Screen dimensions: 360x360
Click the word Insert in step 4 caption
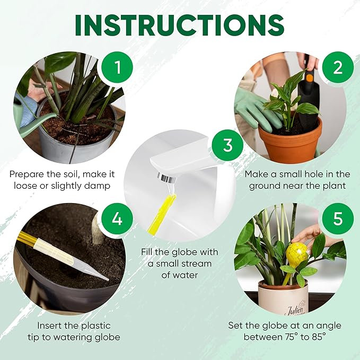pyautogui.click(x=51, y=324)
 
